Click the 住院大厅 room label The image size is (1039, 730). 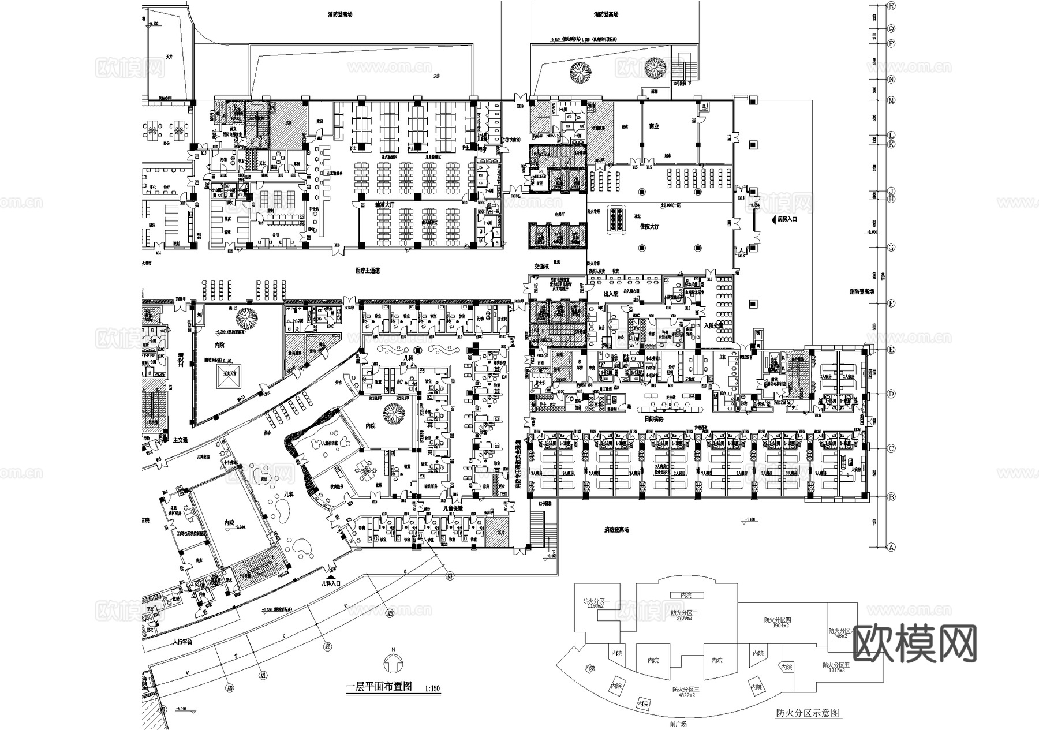pos(649,227)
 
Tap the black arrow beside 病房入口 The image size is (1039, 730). pos(773,219)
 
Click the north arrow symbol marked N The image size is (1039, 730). pos(393,664)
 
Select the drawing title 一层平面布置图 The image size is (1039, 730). pos(378,687)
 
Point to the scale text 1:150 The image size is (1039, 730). pos(432,688)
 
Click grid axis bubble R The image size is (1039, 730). pos(891,6)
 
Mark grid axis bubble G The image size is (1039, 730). pos(891,248)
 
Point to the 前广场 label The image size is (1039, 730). pos(679,724)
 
